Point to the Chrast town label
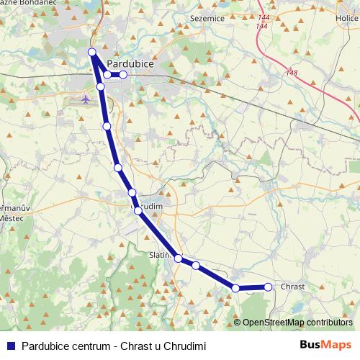pos(292,287)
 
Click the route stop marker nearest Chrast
pos(268,287)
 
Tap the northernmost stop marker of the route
pos(91,51)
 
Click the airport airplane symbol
pos(86,99)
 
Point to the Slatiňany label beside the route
pos(158,255)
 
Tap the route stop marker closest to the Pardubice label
pos(123,74)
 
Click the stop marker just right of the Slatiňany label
pos(178,258)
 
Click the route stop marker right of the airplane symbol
pos(101,86)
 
